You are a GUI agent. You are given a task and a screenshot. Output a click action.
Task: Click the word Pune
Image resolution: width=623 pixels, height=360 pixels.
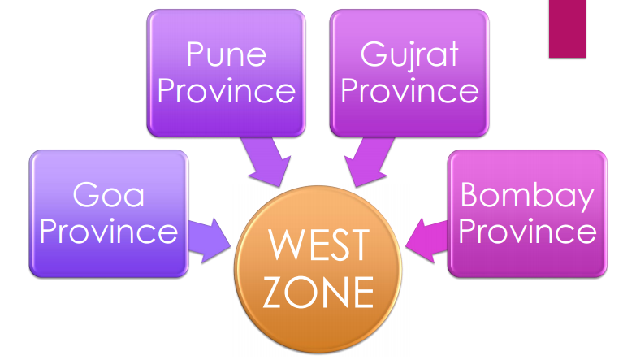click(x=227, y=54)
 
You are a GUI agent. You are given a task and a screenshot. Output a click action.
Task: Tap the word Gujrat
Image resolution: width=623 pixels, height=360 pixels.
click(x=409, y=56)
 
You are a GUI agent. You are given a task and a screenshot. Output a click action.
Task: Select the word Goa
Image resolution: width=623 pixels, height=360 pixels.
click(x=109, y=194)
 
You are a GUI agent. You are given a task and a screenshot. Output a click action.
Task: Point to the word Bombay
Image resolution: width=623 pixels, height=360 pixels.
click(x=527, y=197)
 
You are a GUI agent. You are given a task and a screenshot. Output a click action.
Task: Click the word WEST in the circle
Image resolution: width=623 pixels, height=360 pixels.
click(x=318, y=245)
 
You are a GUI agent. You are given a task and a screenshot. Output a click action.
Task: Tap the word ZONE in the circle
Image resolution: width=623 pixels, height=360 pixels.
click(x=318, y=293)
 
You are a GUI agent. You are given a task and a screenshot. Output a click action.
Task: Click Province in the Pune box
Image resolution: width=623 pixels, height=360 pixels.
click(x=227, y=90)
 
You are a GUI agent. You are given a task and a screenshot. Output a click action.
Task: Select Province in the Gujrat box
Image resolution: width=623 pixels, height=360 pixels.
click(x=409, y=90)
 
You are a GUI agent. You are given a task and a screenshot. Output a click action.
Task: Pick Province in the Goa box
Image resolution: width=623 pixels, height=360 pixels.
click(x=109, y=231)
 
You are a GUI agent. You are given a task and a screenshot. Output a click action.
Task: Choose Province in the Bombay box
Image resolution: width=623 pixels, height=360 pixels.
click(x=527, y=231)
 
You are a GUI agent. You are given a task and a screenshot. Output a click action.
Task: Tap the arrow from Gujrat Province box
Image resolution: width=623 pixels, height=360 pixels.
click(x=369, y=161)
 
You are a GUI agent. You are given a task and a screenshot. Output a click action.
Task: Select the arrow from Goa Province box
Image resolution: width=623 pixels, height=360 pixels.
click(x=210, y=241)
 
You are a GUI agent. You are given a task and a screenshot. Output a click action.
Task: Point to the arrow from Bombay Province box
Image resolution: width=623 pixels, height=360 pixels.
click(x=426, y=241)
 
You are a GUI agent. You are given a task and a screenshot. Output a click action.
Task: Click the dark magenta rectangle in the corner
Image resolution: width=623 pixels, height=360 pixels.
click(x=568, y=28)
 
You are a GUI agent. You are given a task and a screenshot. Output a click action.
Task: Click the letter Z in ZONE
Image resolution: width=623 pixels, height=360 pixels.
click(x=274, y=293)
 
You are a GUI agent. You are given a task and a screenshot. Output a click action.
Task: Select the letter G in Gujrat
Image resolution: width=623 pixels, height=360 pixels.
click(x=372, y=54)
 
